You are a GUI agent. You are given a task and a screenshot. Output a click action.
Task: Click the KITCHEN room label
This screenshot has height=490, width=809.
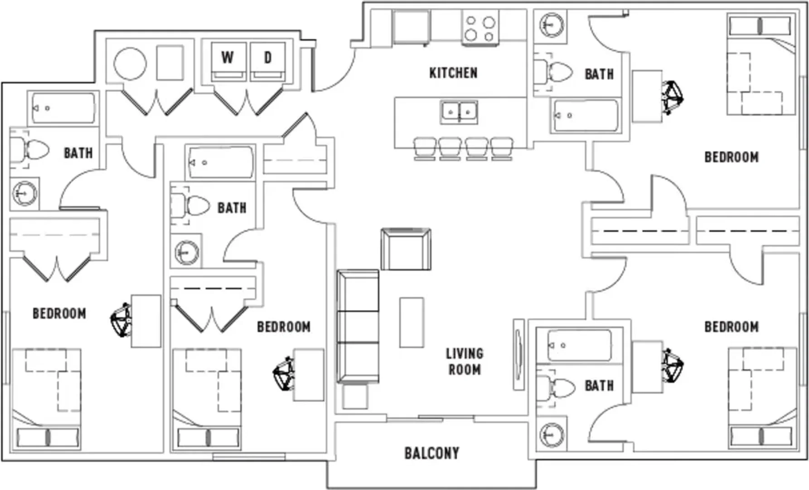[453, 73]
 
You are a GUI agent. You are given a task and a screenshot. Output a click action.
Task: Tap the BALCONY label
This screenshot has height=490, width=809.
[431, 453]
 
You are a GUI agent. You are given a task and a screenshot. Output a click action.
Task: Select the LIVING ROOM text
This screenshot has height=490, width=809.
[465, 362]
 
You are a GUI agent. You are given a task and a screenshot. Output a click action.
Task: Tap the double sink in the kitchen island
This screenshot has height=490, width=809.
[459, 112]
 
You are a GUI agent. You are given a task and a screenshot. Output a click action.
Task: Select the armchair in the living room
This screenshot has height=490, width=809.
[406, 249]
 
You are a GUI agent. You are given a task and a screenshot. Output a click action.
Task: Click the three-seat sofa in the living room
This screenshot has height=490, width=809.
[358, 327]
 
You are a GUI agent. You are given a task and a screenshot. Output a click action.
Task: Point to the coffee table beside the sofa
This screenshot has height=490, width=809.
[412, 323]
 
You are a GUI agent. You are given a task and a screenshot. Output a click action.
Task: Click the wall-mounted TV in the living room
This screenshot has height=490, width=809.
[518, 354]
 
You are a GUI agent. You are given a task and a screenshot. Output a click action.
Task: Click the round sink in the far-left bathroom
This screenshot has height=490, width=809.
[24, 193]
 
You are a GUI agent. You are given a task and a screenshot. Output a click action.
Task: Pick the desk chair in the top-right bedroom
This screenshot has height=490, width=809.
[673, 97]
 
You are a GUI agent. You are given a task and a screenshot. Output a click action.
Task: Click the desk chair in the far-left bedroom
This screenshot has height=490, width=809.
[121, 319]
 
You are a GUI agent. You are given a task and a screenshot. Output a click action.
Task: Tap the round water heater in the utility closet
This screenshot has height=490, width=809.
[130, 64]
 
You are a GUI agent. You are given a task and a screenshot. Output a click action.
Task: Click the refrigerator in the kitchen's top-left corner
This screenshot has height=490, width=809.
[411, 27]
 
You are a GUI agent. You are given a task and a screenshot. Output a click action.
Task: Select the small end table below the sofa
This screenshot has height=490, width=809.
[354, 397]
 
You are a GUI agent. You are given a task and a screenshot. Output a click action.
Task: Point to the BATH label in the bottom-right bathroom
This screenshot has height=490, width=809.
[599, 386]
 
